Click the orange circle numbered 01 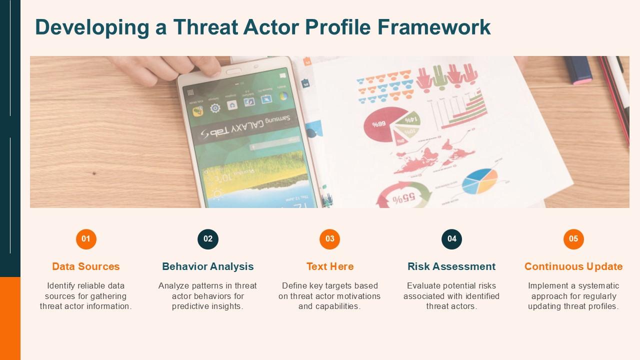(x=86, y=239)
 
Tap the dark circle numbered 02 (x=208, y=239)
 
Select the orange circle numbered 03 (x=329, y=239)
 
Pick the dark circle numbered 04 (x=451, y=239)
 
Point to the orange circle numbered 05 (x=573, y=239)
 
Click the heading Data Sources (x=85, y=266)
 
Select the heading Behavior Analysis (x=207, y=266)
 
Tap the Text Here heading (x=330, y=266)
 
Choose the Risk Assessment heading (x=451, y=266)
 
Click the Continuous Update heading (x=573, y=266)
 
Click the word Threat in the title (x=205, y=27)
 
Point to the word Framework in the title (x=434, y=27)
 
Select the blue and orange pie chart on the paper (x=479, y=181)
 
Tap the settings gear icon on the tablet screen (x=215, y=108)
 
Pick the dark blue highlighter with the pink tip (x=577, y=70)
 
